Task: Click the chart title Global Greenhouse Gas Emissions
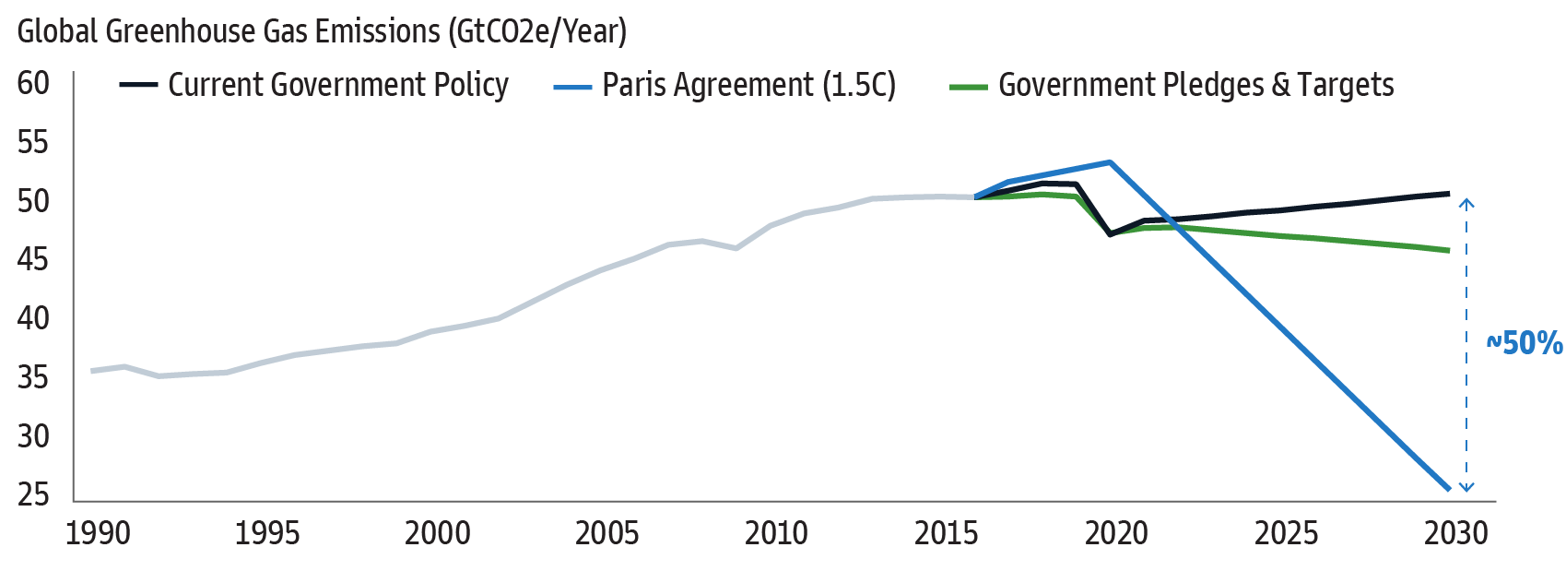pos(322,31)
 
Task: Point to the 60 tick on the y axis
pos(33,83)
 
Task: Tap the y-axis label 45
pos(33,259)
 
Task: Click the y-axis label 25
pos(33,494)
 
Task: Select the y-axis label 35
pos(33,377)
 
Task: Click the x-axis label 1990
pos(98,533)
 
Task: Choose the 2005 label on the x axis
pos(606,533)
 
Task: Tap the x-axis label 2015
pos(946,533)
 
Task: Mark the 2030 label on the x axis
pos(1455,533)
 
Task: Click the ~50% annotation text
pos(1525,343)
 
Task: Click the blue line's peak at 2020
pos(1111,162)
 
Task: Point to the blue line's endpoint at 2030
pos(1449,489)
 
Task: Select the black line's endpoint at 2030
pos(1449,194)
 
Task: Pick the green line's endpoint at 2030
pos(1449,250)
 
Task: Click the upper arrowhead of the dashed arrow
pos(1467,202)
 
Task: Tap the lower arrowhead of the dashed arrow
pos(1467,488)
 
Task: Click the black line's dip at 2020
pos(1111,234)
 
